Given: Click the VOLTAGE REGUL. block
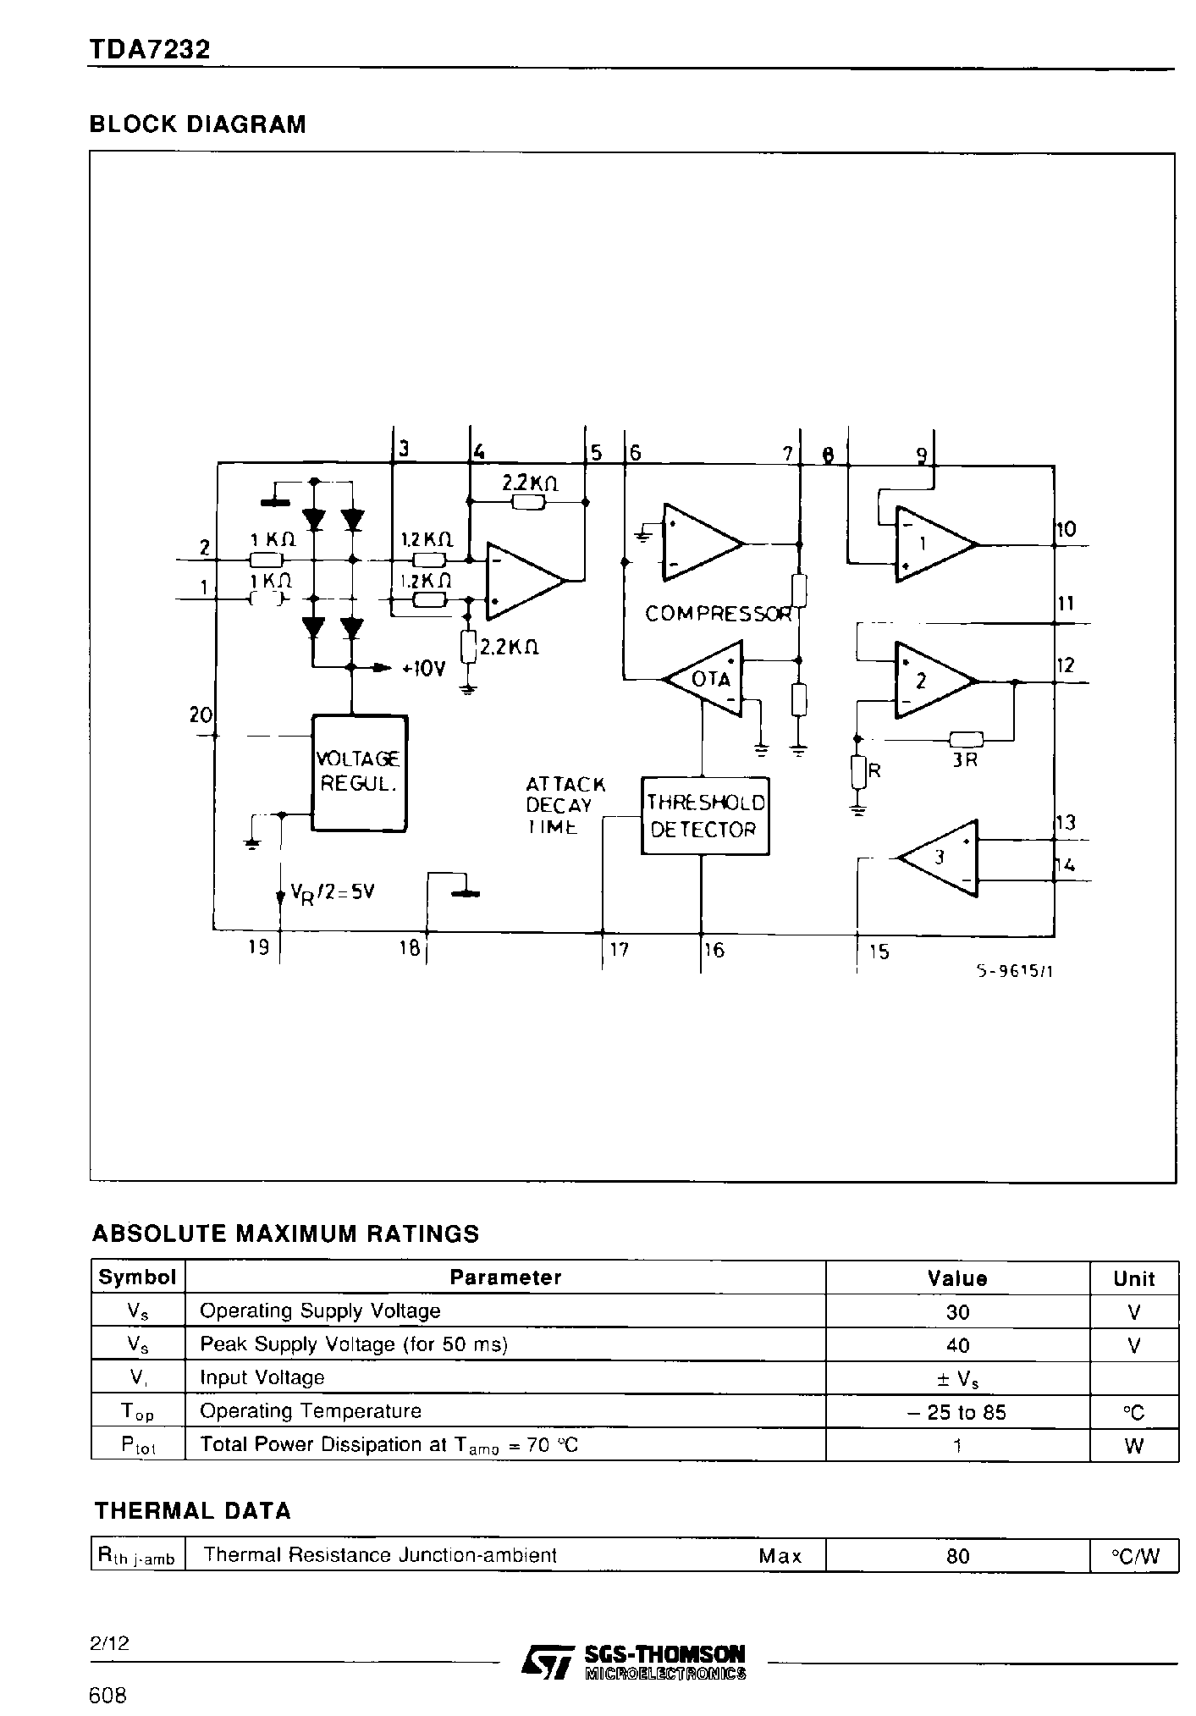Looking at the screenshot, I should click(360, 772).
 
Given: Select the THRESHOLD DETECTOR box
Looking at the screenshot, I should click(704, 816).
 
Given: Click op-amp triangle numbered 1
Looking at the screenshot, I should click(930, 545).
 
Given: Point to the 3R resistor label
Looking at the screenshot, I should click(964, 759).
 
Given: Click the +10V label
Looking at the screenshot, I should click(422, 668).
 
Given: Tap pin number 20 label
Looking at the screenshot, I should click(200, 715).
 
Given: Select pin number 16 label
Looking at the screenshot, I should click(714, 950).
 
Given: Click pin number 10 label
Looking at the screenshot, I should click(1066, 530).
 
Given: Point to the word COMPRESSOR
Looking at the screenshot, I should click(718, 614).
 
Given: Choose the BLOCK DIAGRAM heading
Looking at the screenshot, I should click(197, 124).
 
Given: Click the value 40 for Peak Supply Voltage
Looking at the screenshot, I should click(956, 1344).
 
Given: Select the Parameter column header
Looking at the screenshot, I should click(504, 1277).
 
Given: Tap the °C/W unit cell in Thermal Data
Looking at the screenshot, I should click(1133, 1555).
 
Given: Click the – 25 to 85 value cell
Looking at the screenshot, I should click(956, 1411).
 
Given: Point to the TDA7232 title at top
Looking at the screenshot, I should click(149, 51).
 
